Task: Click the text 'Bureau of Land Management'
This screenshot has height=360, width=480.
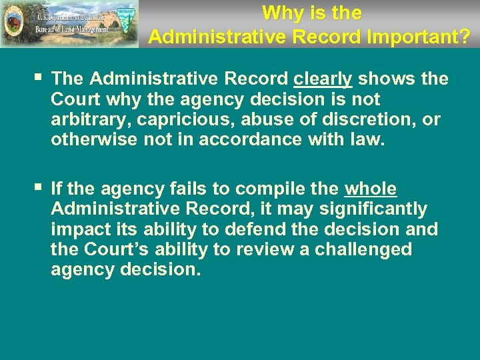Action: [73, 29]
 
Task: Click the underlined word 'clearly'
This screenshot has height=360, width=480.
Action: [323, 79]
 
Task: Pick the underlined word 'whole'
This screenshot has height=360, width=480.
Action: [370, 189]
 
